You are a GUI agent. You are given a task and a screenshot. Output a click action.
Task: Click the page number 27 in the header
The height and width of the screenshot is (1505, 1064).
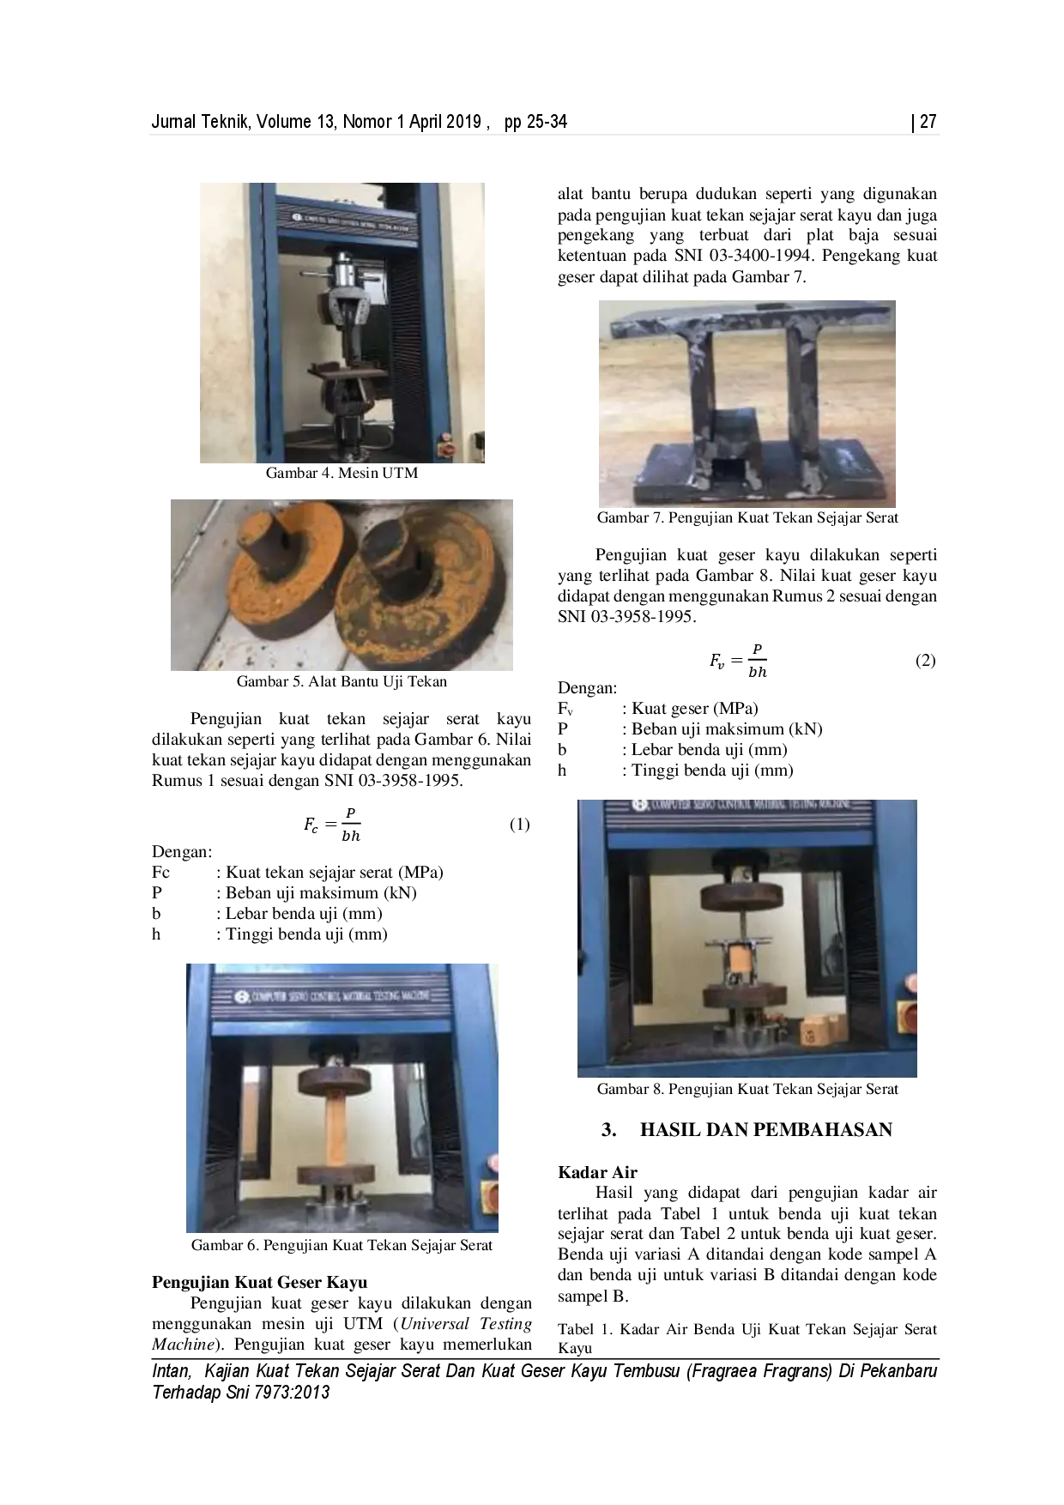click(928, 122)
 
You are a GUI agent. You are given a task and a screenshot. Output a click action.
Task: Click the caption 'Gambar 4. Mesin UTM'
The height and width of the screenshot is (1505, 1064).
click(342, 473)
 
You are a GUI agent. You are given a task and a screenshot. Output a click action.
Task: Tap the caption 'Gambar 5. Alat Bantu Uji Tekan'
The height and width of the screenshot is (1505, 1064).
click(342, 681)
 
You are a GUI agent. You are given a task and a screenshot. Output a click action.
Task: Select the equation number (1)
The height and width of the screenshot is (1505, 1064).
click(520, 824)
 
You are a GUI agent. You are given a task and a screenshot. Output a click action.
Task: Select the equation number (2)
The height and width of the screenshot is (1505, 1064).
click(925, 660)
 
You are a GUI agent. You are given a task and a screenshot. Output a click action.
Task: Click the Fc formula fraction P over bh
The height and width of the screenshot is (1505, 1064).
click(332, 825)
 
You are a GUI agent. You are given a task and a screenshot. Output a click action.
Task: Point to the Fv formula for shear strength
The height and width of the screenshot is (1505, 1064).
click(738, 661)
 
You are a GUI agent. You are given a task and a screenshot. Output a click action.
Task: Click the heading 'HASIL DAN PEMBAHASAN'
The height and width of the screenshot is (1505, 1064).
click(766, 1129)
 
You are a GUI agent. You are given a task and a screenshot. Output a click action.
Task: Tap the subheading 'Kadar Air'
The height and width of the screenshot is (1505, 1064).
click(597, 1172)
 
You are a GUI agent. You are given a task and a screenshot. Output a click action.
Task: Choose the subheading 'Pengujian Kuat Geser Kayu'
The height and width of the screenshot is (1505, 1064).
click(260, 1282)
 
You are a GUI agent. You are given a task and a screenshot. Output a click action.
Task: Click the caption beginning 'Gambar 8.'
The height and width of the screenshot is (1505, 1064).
click(747, 1089)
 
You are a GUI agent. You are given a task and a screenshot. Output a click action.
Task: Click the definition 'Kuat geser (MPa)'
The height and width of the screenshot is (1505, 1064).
click(695, 709)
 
